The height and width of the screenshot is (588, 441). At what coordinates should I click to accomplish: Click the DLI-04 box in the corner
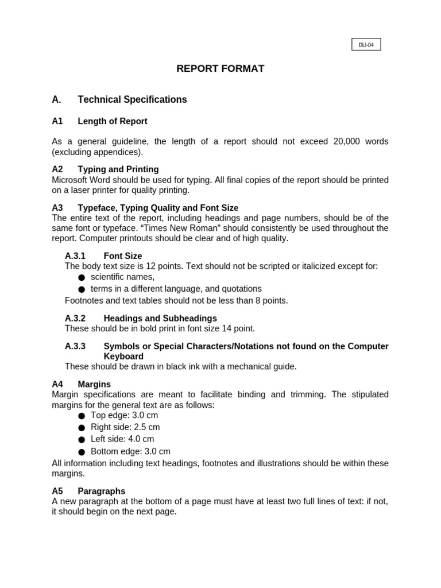tap(366, 45)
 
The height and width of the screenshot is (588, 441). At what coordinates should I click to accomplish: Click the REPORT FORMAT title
tap(220, 69)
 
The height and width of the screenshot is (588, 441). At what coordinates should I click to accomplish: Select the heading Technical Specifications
tap(132, 100)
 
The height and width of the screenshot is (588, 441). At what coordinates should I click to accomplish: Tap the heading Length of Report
tap(113, 122)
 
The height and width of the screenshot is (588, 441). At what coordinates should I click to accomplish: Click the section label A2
tap(57, 169)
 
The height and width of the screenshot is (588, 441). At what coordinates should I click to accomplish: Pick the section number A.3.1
tap(75, 256)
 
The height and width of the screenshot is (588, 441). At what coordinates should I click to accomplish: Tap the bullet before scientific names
tap(82, 278)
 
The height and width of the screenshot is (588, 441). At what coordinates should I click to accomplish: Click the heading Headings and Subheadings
tap(160, 318)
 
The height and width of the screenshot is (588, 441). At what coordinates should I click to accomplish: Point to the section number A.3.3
tap(75, 346)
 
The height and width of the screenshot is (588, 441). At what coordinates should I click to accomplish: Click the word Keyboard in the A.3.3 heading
tap(123, 357)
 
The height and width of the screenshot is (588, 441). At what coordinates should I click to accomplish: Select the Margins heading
tap(94, 384)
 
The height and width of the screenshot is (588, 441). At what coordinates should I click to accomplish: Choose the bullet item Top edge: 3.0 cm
tap(124, 415)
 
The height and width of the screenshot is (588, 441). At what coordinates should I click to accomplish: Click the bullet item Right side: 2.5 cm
tap(125, 427)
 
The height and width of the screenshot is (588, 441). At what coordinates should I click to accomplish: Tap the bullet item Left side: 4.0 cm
tap(122, 439)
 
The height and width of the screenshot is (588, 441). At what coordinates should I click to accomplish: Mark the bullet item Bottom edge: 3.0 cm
tap(130, 451)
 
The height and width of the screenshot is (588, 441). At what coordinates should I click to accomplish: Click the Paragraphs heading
tap(101, 492)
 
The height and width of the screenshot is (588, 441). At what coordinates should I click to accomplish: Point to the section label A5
tap(57, 492)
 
